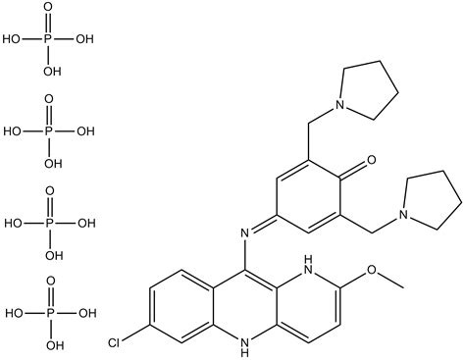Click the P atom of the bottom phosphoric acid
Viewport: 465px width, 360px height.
coord(50,314)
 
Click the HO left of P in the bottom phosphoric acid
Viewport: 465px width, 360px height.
coord(16,314)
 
